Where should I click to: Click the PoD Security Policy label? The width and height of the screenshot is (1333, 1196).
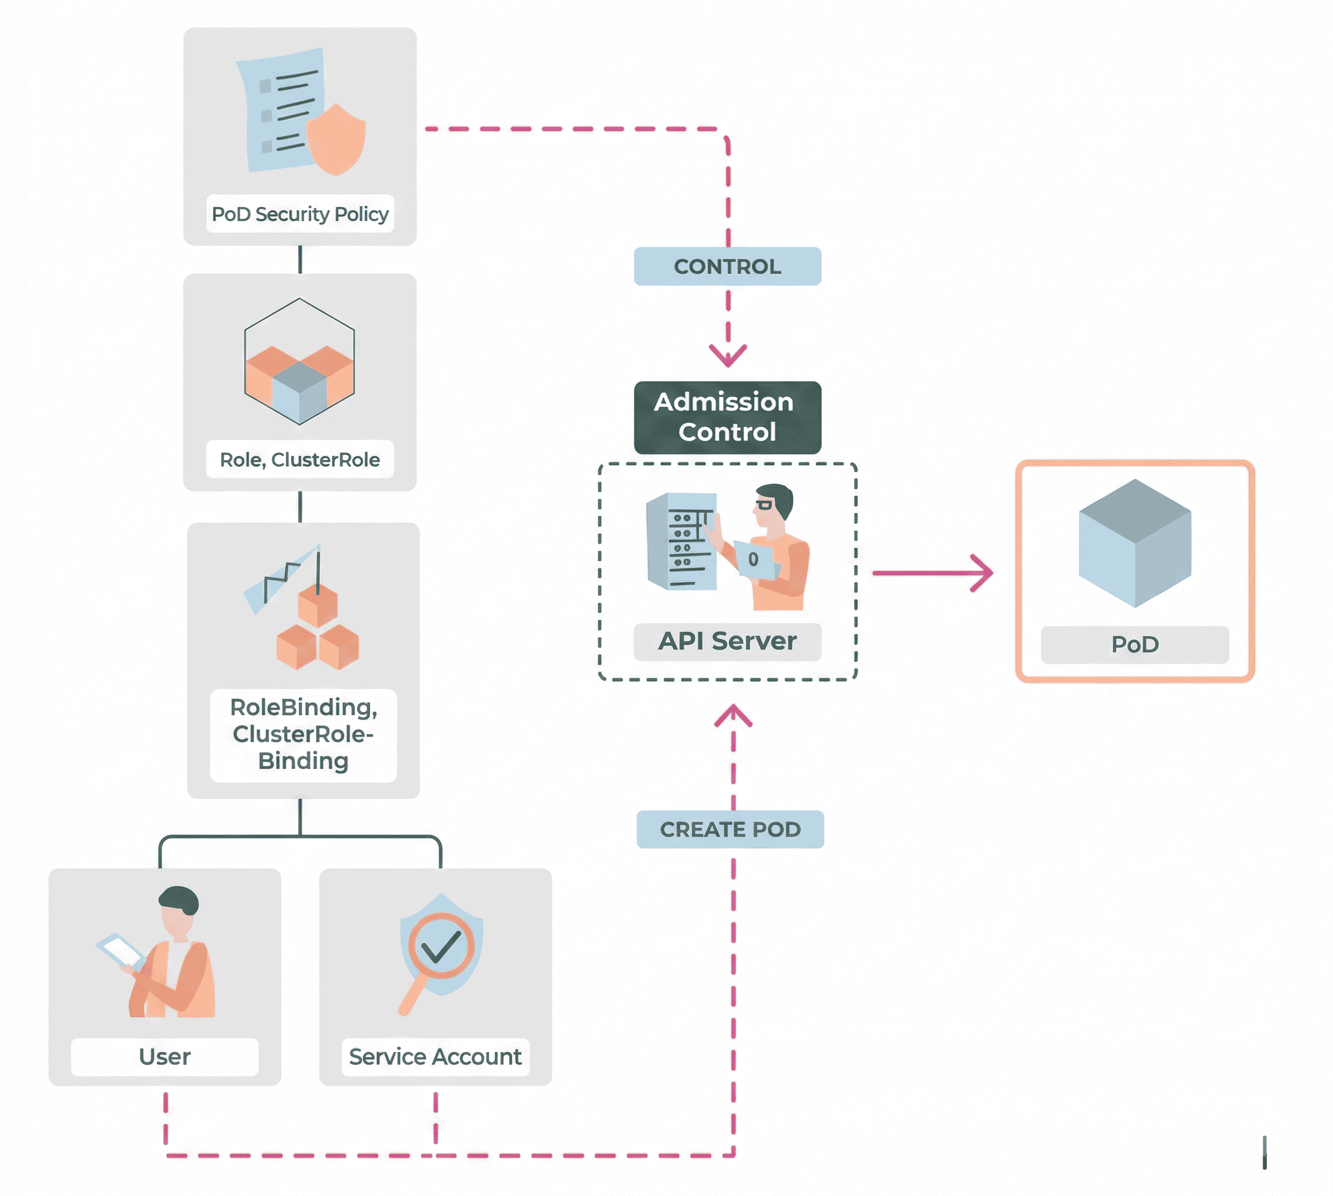300,214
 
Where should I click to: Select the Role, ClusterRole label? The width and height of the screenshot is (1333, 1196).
300,460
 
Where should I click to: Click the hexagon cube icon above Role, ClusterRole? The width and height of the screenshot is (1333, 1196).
300,362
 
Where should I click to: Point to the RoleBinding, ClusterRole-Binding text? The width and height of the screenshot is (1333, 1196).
303,734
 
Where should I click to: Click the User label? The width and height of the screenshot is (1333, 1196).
164,1057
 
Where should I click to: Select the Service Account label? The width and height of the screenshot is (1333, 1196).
435,1057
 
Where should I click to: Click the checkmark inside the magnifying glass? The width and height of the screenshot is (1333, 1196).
441,946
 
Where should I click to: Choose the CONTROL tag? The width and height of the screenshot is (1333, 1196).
727,266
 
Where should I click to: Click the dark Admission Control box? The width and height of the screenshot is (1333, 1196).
727,417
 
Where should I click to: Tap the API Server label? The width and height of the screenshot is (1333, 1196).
727,641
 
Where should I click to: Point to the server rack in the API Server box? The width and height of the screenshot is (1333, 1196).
681,541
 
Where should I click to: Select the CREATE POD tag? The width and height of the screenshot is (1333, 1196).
730,830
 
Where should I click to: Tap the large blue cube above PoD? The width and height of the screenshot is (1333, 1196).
1135,543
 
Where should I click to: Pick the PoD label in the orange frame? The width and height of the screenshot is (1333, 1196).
1135,645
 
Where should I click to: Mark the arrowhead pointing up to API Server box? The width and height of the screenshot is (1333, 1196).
733,714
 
